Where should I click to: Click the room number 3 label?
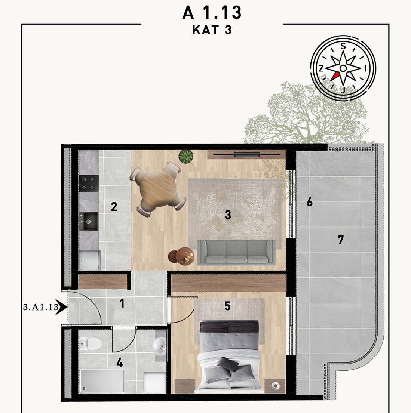[228, 215]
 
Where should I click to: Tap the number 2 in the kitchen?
[114, 207]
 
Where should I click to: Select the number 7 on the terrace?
[341, 240]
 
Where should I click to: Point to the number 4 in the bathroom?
[119, 363]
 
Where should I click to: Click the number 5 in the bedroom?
[227, 306]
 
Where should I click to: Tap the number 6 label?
[310, 202]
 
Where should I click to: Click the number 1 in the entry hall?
[122, 303]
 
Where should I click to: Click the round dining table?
[158, 189]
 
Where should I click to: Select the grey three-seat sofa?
[236, 252]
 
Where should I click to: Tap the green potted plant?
[186, 157]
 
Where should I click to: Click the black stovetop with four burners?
[89, 183]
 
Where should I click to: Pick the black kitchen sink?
[89, 222]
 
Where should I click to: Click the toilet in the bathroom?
[91, 343]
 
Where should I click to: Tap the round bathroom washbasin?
[159, 345]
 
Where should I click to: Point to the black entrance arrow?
[62, 307]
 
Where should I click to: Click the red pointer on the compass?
[335, 76]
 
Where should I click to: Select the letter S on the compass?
[343, 46]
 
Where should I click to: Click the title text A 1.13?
[212, 13]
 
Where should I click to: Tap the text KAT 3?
[212, 30]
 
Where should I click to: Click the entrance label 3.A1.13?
[41, 307]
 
